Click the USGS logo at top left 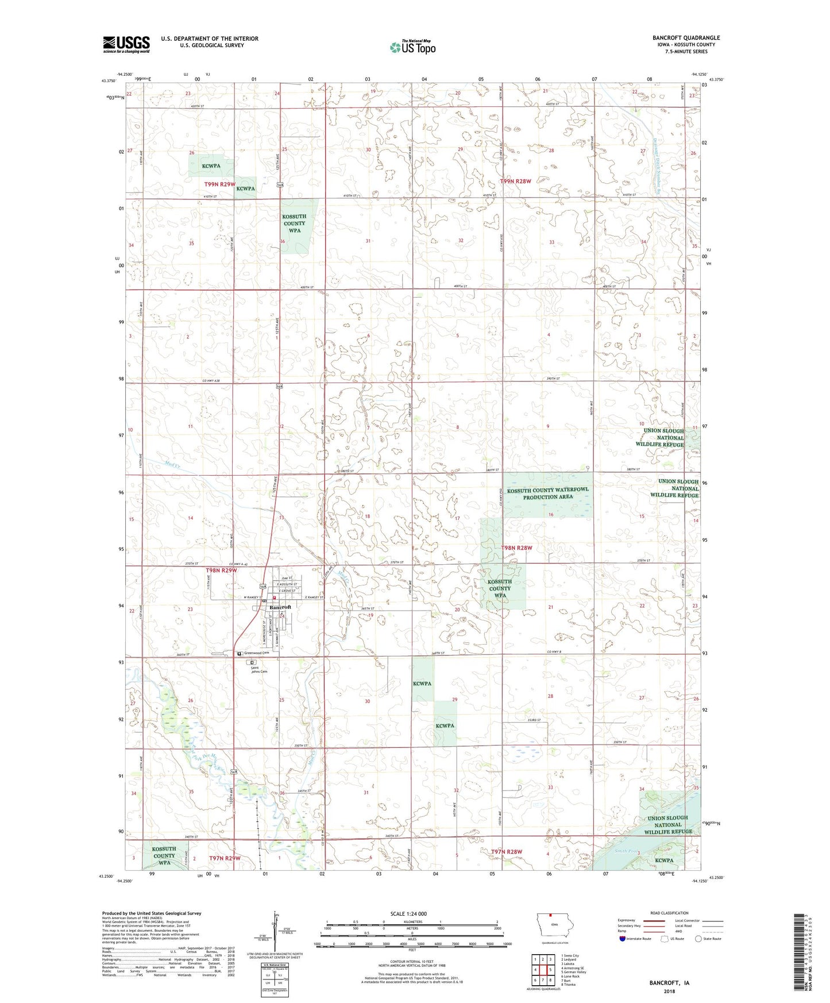click(126, 44)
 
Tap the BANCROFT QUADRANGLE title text click(686, 38)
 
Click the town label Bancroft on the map click(280, 607)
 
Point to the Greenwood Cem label click(256, 653)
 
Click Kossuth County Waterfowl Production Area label click(547, 493)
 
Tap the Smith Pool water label click(626, 851)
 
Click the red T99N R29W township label click(220, 184)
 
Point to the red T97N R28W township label click(507, 851)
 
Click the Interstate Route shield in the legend click(622, 939)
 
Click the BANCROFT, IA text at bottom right click(669, 983)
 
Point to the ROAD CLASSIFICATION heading click(669, 913)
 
